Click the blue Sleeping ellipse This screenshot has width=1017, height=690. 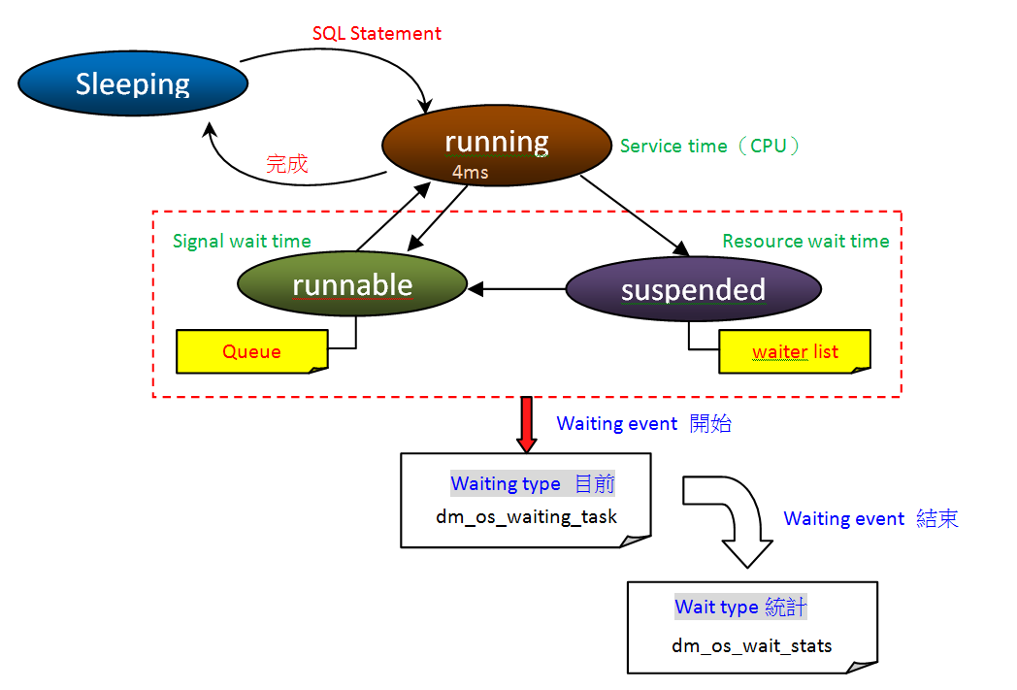pyautogui.click(x=133, y=84)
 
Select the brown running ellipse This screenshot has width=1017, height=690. pyautogui.click(x=497, y=146)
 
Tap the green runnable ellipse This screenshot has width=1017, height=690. pyautogui.click(x=352, y=285)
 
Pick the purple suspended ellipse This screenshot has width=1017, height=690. pyautogui.click(x=693, y=289)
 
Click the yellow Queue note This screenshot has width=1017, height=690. pyautogui.click(x=251, y=351)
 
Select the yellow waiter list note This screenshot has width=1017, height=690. pyautogui.click(x=794, y=351)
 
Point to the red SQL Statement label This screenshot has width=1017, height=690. pyautogui.click(x=377, y=34)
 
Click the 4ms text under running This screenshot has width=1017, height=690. pyautogui.click(x=471, y=173)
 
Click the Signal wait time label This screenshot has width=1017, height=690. pyautogui.click(x=242, y=242)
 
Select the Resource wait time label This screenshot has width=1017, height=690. pyautogui.click(x=805, y=242)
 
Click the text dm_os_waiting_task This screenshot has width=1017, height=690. pyautogui.click(x=526, y=516)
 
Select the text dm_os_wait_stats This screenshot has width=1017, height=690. pyautogui.click(x=751, y=645)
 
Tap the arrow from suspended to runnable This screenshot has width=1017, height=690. pyautogui.click(x=517, y=288)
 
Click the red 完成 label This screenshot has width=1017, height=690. pyautogui.click(x=287, y=164)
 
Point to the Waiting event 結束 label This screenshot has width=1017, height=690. pyautogui.click(x=870, y=519)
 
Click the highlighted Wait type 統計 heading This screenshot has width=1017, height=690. pyautogui.click(x=740, y=608)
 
